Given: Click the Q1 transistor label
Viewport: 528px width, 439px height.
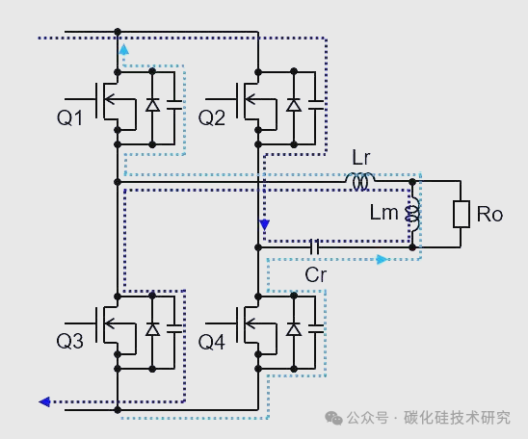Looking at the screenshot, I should (x=70, y=117).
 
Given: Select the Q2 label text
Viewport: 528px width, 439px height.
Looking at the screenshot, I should (x=211, y=117).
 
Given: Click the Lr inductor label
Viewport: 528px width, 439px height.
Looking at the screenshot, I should (x=361, y=156).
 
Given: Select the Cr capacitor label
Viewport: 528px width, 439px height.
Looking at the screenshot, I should (x=316, y=273).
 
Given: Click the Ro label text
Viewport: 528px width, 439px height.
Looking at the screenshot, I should (x=489, y=214).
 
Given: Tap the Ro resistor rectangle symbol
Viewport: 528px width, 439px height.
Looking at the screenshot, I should (x=461, y=214).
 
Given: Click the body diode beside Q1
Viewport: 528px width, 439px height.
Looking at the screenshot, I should (x=152, y=105).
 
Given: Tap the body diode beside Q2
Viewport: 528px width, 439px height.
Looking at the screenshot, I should (x=293, y=105).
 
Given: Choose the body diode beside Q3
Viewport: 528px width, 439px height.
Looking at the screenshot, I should (x=152, y=329).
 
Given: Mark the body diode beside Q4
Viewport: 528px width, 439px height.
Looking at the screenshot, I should (x=293, y=329).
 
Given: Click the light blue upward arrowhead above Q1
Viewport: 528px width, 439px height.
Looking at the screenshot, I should (x=123, y=48).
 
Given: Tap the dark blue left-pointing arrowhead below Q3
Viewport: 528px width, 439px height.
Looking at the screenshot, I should (x=44, y=401).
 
